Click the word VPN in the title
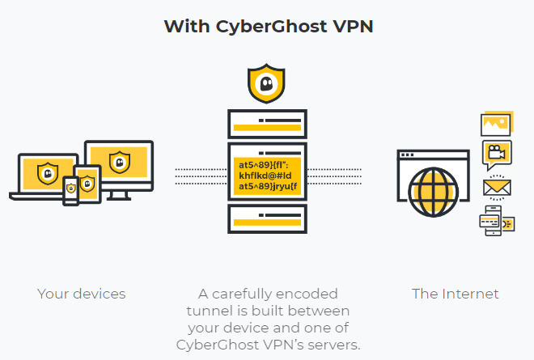point(348,26)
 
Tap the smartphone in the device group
point(71,189)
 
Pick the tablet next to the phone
point(87,184)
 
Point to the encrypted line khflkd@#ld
point(267,176)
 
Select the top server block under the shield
point(267,123)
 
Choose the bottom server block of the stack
point(267,215)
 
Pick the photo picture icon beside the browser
point(495,124)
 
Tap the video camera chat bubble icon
point(496,153)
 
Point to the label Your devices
point(82,294)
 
